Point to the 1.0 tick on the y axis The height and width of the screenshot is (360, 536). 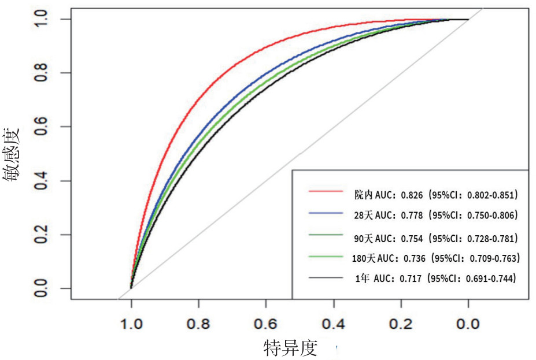[40, 19]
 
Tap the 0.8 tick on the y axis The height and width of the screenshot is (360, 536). [40, 73]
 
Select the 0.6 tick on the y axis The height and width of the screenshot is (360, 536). [40, 127]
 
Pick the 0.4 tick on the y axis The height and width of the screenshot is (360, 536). [40, 181]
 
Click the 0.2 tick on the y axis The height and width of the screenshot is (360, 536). [40, 235]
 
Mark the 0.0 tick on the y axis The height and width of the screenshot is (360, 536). [40, 288]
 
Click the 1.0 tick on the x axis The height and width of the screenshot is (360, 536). [131, 323]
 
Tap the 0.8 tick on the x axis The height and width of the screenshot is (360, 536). [198, 323]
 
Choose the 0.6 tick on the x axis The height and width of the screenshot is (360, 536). [266, 323]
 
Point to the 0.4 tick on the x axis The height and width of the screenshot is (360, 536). [333, 323]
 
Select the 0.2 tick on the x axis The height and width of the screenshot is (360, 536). [401, 323]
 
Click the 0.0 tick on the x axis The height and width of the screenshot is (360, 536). [468, 323]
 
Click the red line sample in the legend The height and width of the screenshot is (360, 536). [327, 191]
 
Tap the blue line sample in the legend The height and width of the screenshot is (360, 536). [327, 214]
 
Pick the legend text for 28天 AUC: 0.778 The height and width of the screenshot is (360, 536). [435, 216]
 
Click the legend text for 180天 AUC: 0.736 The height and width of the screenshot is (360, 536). [435, 258]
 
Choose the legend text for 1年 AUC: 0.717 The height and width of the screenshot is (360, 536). [435, 279]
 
